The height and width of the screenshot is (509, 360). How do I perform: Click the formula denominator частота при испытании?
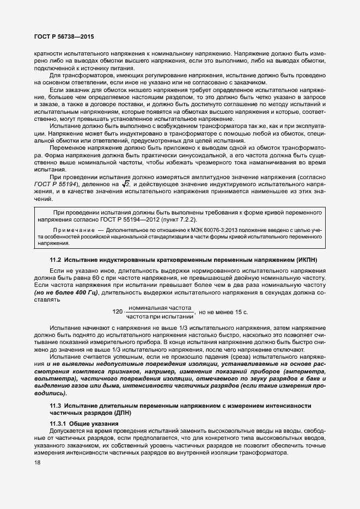[160, 316]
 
